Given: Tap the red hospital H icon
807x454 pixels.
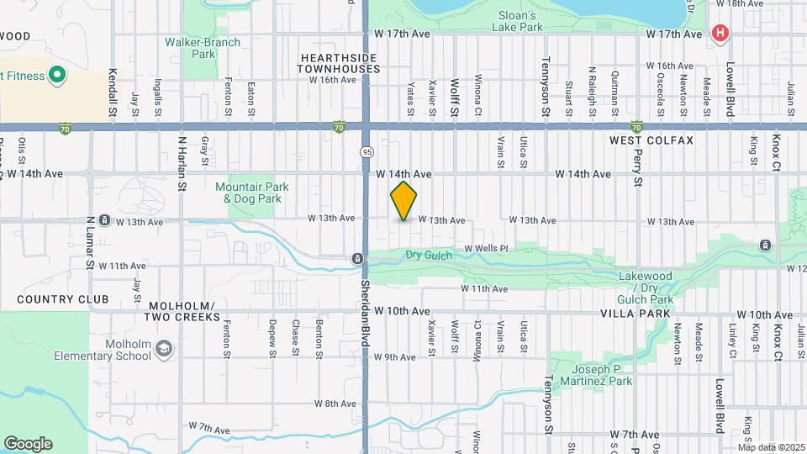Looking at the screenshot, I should [x=720, y=34].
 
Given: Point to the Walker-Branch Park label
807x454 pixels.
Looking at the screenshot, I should [x=203, y=48].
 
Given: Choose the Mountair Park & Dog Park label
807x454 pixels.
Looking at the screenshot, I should [x=252, y=193].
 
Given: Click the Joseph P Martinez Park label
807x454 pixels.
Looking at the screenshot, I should [x=601, y=375].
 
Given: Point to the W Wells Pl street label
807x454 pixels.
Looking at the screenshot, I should [x=486, y=248].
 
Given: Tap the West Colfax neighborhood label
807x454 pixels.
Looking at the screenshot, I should [x=652, y=140].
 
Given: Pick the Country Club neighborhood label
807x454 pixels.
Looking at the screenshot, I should [x=62, y=299].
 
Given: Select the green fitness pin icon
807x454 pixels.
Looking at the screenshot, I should [x=57, y=77].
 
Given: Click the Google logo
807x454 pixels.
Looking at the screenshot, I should [x=28, y=443].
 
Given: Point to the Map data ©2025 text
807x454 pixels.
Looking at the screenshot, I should [x=771, y=446].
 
